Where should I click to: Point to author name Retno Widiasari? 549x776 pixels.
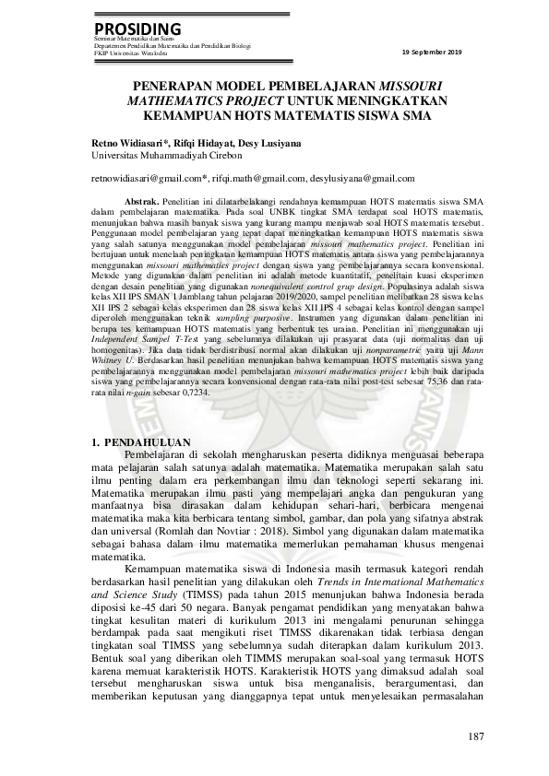(127, 144)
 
